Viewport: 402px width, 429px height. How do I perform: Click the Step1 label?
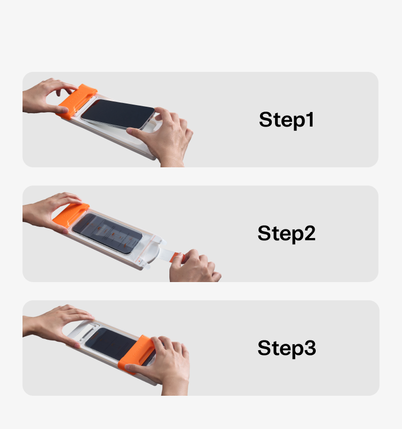[x=286, y=120]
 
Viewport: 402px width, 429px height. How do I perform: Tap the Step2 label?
[x=286, y=233]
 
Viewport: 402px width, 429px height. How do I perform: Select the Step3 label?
[x=287, y=348]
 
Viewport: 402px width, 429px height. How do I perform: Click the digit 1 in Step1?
[x=310, y=119]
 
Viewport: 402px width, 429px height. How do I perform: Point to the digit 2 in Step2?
[x=310, y=233]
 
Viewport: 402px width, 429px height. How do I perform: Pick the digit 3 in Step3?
[x=310, y=347]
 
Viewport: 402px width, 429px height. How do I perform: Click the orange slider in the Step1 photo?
[x=77, y=101]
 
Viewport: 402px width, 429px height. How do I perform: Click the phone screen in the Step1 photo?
[x=117, y=113]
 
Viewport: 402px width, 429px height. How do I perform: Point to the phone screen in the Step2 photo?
[x=107, y=233]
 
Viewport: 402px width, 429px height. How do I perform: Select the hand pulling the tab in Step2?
[x=195, y=267]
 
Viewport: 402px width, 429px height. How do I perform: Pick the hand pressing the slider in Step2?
[x=50, y=211]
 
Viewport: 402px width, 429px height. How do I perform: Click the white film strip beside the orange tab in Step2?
[x=164, y=254]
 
